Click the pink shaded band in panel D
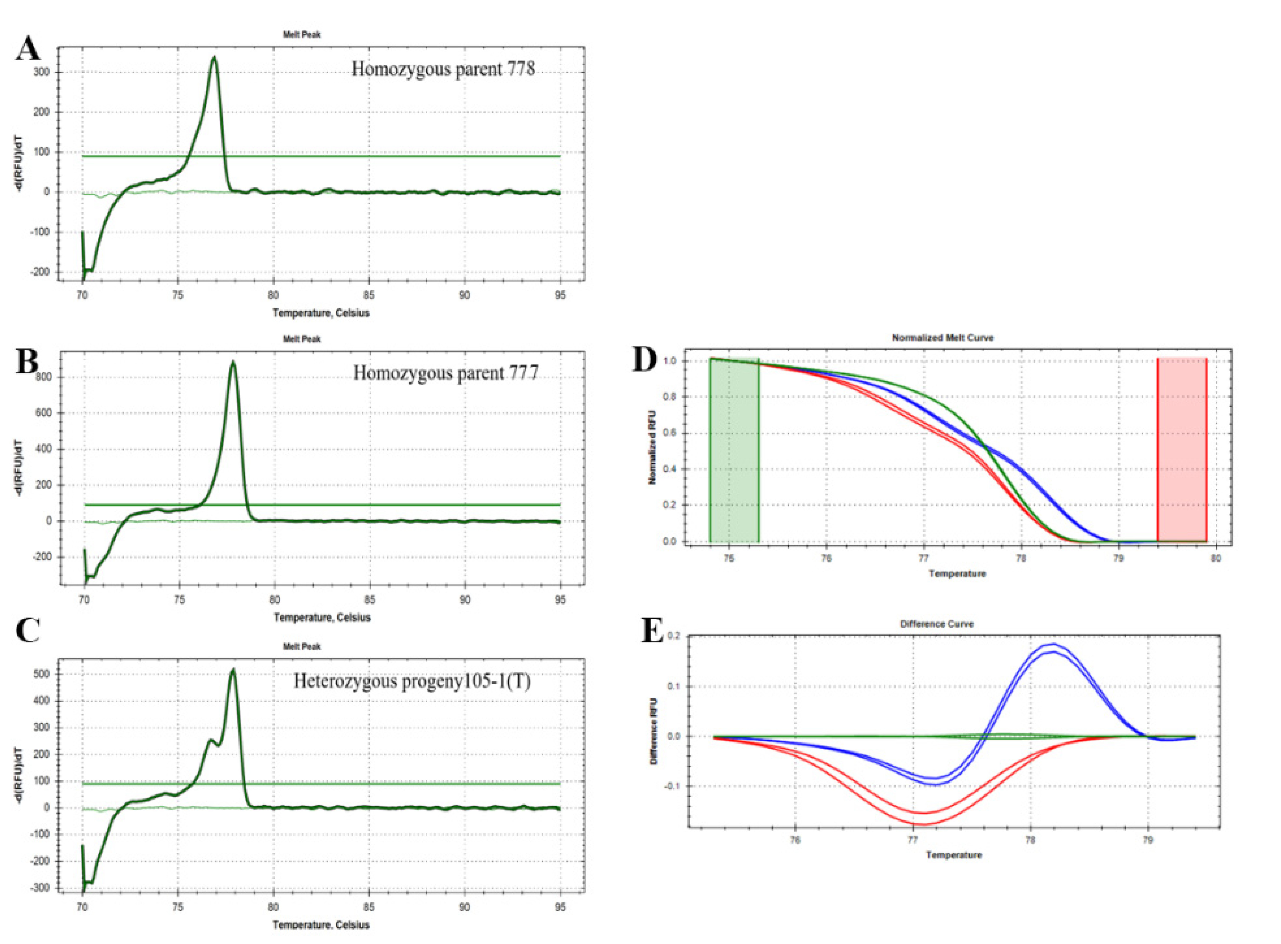point(1182,450)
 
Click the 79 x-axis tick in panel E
point(1147,840)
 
